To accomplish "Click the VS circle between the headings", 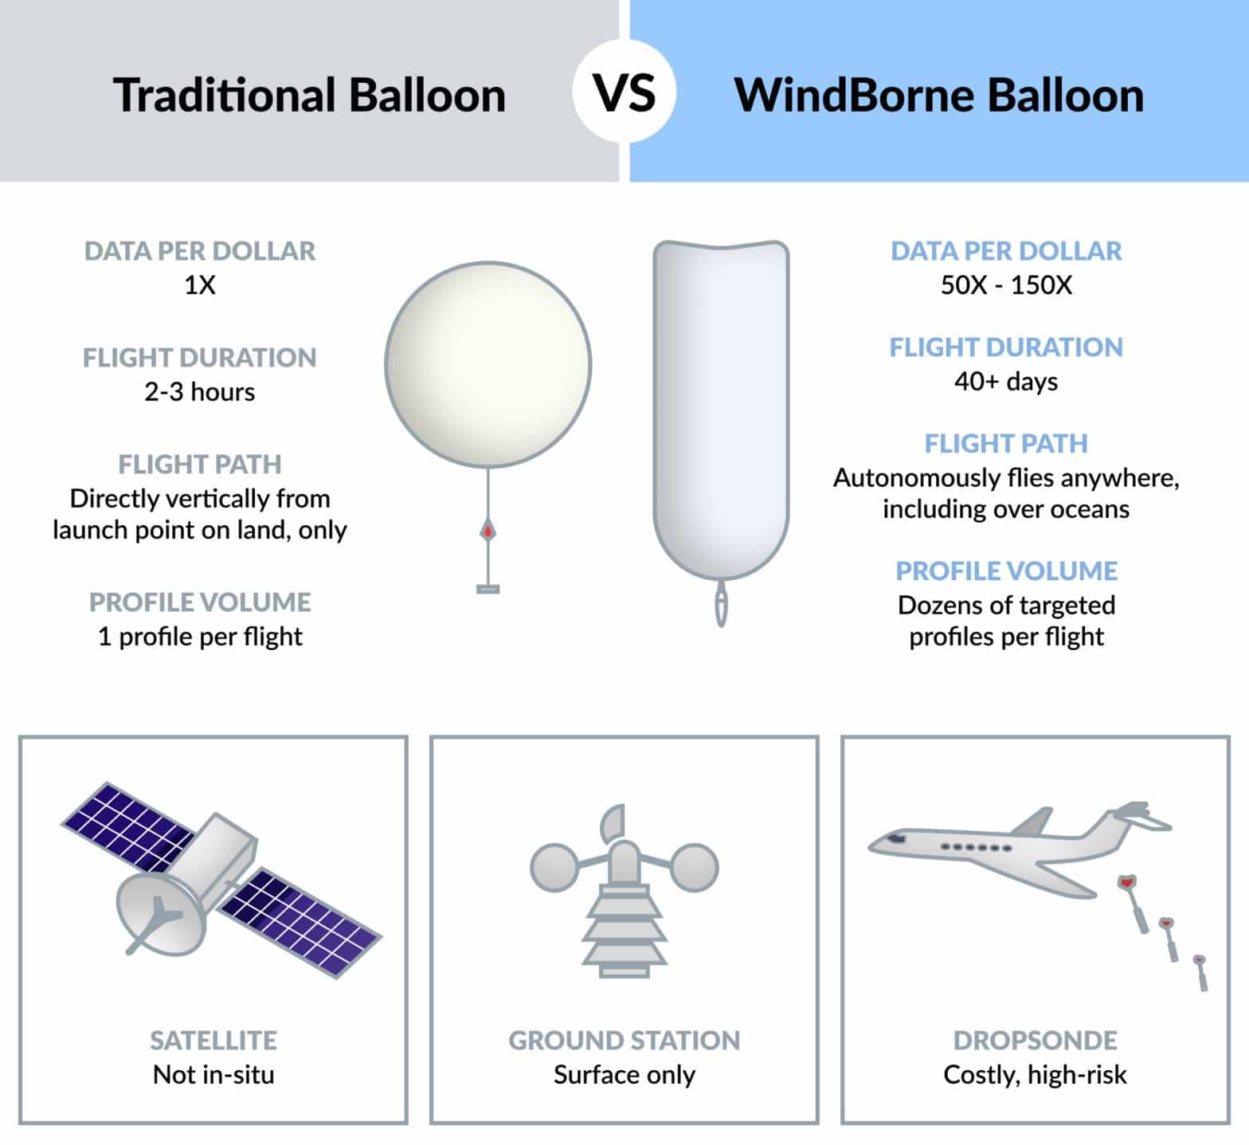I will coord(624,92).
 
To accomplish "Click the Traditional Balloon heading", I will coord(309,95).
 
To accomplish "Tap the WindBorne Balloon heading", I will coord(938,95).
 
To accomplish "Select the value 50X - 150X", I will coord(1006,285).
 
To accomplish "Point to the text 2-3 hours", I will coord(200,392).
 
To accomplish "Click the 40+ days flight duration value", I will coord(1006,382).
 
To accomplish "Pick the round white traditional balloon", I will coord(487,364).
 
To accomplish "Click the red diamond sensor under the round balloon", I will coord(487,530).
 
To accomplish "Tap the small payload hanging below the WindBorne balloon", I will coord(721,606).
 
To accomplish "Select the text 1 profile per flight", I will coord(200,637).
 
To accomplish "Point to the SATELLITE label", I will coord(213,1040).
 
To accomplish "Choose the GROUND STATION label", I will coord(624,1040).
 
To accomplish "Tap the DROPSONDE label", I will coord(1035,1040).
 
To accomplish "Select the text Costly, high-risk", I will coord(1035,1075).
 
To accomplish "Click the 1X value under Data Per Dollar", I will coord(200,285).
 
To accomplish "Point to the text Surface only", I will coord(624,1075).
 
